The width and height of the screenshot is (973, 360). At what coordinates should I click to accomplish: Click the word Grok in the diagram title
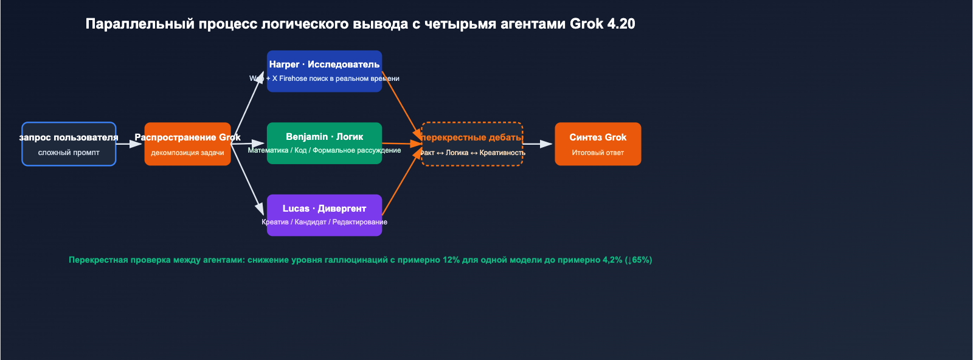(586, 24)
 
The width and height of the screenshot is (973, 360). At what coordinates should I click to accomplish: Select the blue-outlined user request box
(69, 144)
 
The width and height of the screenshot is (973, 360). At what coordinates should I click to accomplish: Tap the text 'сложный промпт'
(69, 153)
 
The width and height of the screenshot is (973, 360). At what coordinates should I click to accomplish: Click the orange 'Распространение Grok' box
(187, 144)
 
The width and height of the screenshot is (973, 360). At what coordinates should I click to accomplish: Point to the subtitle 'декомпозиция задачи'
(187, 153)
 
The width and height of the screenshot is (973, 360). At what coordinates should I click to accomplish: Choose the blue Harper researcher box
(324, 71)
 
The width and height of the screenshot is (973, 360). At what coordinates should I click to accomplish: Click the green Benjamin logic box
(324, 143)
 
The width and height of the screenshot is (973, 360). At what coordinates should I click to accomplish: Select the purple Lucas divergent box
(324, 215)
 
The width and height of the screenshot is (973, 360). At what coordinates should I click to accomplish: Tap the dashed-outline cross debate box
(472, 144)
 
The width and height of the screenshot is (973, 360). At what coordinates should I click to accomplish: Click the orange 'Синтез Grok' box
(598, 144)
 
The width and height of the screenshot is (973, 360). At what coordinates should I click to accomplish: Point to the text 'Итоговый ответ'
(598, 153)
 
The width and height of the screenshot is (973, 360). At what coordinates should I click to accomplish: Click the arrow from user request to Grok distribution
(128, 144)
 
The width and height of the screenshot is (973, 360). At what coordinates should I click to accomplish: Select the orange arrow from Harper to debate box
(401, 103)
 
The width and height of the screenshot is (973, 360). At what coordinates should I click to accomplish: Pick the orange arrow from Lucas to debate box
(401, 182)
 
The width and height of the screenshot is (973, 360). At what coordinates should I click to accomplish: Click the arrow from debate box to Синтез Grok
(538, 144)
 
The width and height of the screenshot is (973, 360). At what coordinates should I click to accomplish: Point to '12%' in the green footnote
(451, 260)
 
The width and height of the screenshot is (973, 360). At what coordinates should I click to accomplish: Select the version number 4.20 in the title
(621, 24)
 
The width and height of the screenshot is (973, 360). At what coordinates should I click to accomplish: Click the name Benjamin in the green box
(306, 137)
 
